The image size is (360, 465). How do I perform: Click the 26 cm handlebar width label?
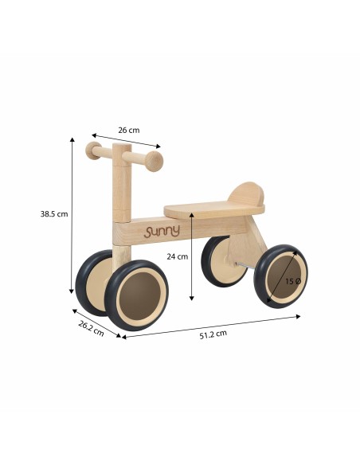coord(128,130)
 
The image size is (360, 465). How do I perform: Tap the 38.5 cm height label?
coord(54,213)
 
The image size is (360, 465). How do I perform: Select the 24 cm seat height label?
coord(177,256)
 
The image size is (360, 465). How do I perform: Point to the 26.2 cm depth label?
coord(91,328)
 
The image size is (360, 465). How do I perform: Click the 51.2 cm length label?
coord(213,333)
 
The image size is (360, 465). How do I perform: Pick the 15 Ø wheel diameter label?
coord(293,281)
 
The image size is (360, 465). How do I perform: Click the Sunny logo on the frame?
coord(162,231)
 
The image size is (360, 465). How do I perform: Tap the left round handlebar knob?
coord(93,150)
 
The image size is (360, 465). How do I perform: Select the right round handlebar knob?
coord(154,161)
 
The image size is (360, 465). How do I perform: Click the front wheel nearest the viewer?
coord(136,295)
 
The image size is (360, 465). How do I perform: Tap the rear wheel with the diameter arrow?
coord(280,275)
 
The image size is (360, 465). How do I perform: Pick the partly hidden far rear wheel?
coord(215,259)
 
